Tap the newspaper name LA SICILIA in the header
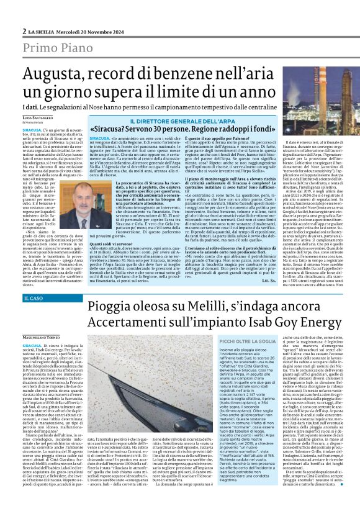click(x=43, y=13)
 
